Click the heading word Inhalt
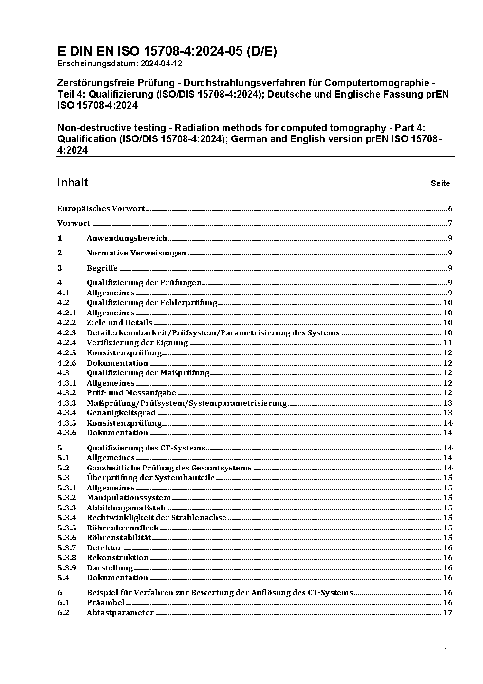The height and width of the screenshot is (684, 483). [x=73, y=182]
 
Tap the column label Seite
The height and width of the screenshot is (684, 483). [x=440, y=184]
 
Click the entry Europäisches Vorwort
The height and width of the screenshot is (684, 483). [x=101, y=209]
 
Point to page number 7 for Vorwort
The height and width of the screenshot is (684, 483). [x=450, y=224]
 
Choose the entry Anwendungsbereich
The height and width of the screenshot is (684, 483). [x=127, y=238]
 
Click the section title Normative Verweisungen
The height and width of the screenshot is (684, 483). [x=136, y=253]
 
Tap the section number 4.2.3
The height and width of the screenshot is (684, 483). [x=67, y=333]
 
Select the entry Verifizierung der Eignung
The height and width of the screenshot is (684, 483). [x=137, y=343]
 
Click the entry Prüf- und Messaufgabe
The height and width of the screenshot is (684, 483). [x=131, y=393]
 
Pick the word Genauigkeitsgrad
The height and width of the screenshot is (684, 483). [x=121, y=413]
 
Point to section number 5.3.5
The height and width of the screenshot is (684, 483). [x=67, y=528]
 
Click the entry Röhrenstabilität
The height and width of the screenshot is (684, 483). [x=119, y=538]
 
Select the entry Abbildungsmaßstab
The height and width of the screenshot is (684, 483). [x=126, y=508]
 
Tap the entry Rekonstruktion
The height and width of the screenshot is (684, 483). [x=117, y=558]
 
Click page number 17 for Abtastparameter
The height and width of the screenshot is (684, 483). [x=447, y=613]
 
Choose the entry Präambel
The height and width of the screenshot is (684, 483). [x=106, y=603]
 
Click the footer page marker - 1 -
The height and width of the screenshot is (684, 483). [x=446, y=651]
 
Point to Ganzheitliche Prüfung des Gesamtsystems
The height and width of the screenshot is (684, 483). [x=169, y=468]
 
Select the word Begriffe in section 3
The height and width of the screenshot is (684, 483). [x=102, y=268]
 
